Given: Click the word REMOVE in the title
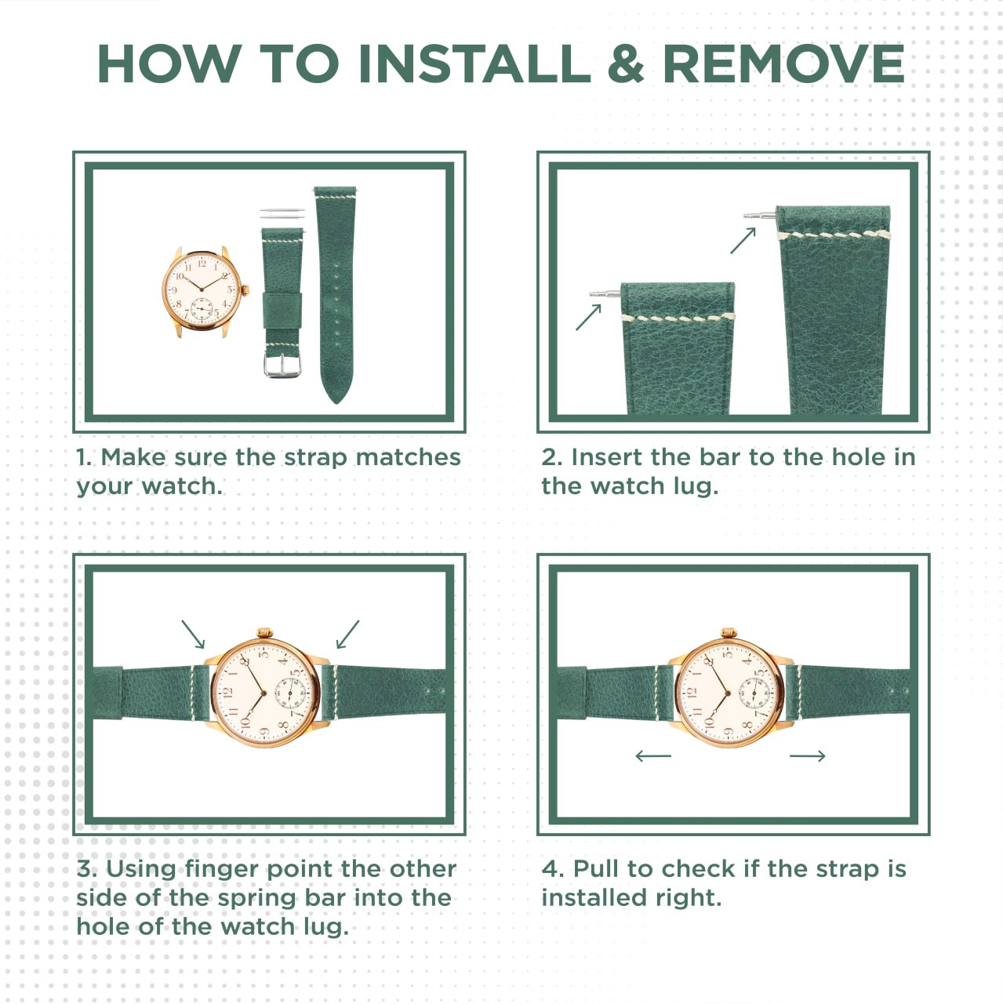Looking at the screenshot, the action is tap(783, 64).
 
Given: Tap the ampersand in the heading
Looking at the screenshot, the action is tap(626, 64).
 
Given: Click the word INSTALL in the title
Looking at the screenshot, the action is tap(474, 64).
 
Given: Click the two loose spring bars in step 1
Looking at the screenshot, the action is tap(282, 213).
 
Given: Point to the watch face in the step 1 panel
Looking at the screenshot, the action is tap(202, 291).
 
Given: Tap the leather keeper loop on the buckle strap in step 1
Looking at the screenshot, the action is tap(282, 311).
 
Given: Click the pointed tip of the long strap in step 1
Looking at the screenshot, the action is tap(336, 401).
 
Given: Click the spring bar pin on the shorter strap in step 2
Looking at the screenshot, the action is tap(605, 294).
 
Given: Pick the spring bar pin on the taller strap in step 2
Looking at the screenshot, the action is tap(760, 215).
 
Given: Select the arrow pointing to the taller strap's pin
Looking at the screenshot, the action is tap(743, 240).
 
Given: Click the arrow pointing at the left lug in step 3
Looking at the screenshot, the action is tap(193, 634).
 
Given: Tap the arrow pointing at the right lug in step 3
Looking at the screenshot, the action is tap(347, 634).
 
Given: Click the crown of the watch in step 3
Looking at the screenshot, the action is tap(265, 632).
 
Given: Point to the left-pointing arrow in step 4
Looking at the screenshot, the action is tap(653, 755).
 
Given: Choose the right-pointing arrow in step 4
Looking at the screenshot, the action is tap(808, 755).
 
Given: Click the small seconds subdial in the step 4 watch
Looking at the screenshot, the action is tap(754, 693).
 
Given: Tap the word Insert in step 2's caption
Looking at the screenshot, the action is tap(606, 457).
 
